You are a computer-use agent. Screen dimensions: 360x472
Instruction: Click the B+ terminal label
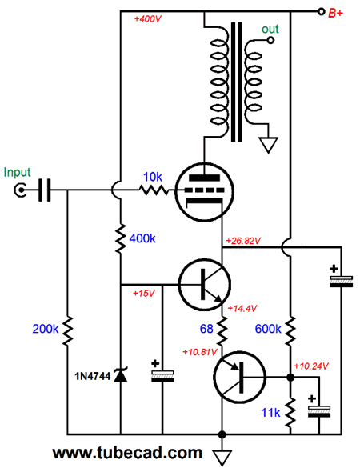335,13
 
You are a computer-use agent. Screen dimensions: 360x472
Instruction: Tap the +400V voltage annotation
147,19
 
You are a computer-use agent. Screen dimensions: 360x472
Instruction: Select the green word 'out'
270,29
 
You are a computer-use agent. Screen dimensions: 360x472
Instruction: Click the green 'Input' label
17,173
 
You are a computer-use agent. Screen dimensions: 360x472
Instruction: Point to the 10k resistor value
153,177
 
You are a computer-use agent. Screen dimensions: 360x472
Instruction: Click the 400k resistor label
142,238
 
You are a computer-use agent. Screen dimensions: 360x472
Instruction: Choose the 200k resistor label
45,329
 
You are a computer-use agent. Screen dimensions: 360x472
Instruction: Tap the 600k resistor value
268,329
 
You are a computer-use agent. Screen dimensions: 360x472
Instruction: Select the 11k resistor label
271,412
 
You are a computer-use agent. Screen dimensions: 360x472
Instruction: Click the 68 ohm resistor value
206,329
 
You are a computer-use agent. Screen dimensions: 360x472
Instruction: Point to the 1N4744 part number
93,376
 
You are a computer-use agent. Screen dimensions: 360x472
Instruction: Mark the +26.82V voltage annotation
243,241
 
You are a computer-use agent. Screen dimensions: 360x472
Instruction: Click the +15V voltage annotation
144,293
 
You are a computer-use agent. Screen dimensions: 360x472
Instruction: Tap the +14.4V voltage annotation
242,308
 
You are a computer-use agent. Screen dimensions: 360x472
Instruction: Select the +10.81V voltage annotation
200,351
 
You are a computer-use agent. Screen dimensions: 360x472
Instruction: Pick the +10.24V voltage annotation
311,366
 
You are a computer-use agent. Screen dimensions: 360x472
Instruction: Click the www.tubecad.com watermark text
127,453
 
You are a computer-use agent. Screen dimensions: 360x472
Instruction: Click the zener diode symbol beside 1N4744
121,375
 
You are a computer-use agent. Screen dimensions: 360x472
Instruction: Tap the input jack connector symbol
20,190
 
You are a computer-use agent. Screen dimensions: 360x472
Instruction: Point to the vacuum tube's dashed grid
204,190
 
